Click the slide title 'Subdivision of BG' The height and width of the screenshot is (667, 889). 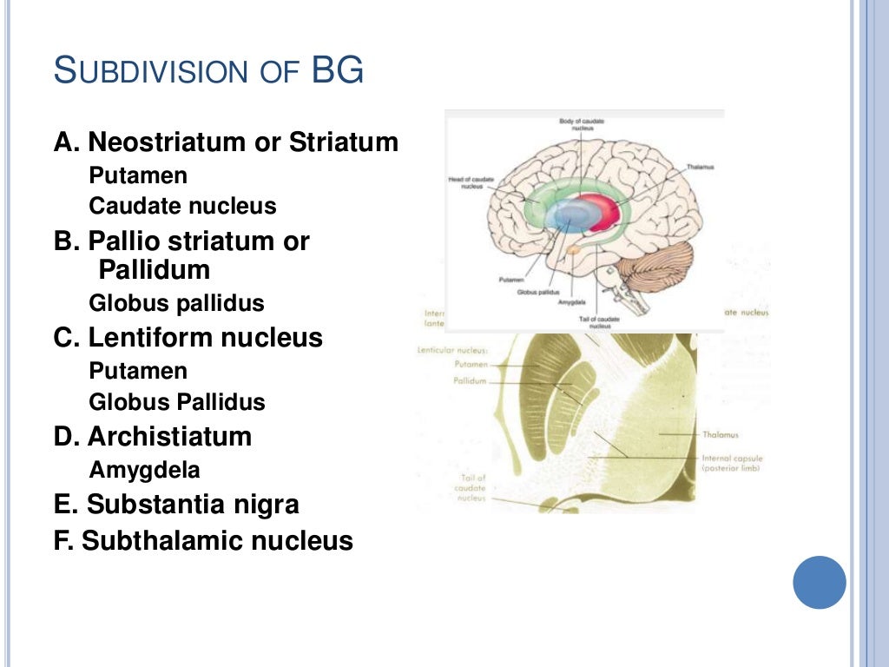pos(208,70)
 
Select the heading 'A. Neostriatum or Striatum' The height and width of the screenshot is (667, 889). pos(227,142)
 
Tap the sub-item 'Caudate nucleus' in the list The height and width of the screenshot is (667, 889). pos(182,207)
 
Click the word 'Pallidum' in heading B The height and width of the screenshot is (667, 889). pos(155,270)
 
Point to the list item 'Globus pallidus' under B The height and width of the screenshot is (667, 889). pos(176,304)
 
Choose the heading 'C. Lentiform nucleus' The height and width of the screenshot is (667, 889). pos(188,337)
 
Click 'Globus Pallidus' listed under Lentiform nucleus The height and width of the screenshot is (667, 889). pos(176,402)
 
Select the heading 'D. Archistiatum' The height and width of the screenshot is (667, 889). pos(153,436)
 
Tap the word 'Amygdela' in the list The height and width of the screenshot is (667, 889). pos(144,470)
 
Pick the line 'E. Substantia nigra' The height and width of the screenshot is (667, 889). pos(176,504)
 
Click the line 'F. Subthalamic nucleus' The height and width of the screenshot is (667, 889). pos(203,541)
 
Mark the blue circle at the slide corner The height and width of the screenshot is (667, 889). pos(819,582)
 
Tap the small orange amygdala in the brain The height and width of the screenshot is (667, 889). pos(573,251)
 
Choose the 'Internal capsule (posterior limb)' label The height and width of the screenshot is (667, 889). pos(730,463)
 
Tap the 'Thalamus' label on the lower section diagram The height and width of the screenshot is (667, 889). pos(721,435)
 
